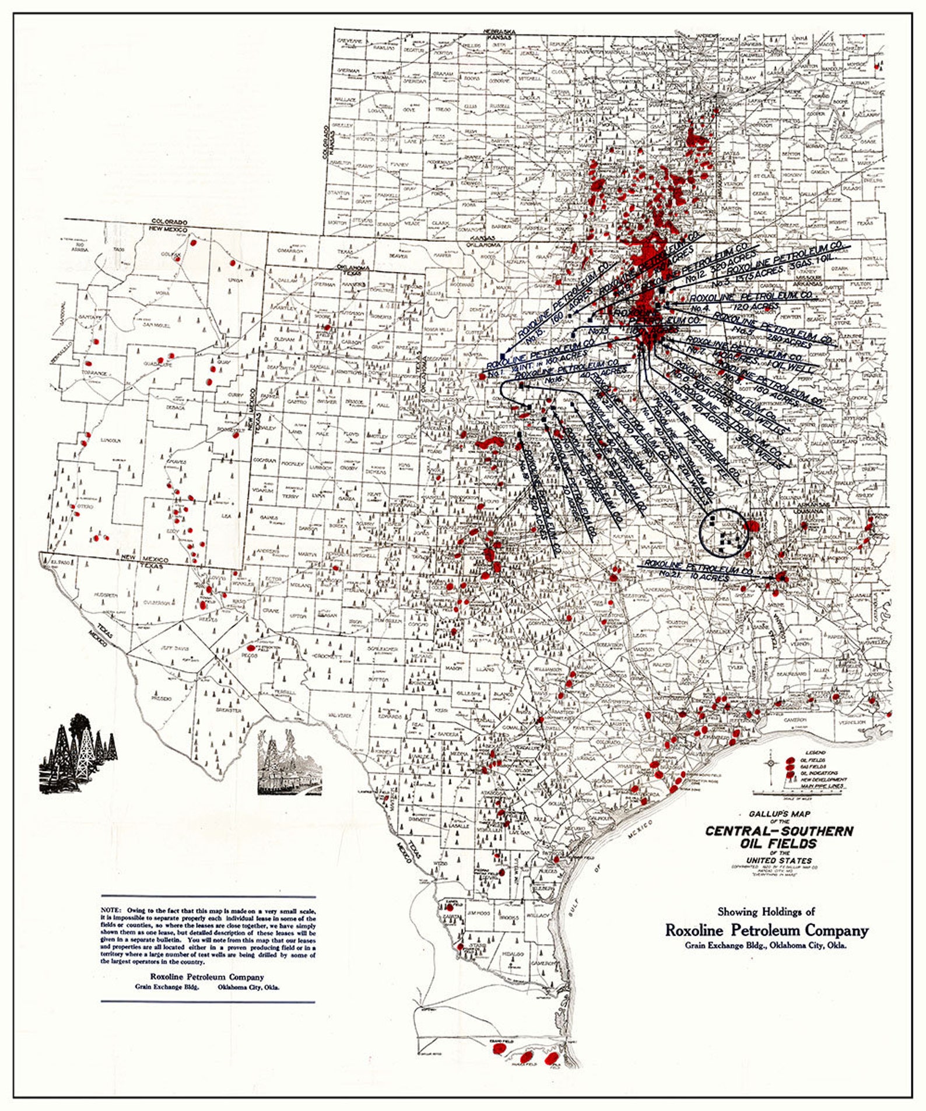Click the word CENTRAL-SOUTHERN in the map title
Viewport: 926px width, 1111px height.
pyautogui.click(x=779, y=831)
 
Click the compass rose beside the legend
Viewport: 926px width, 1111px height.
pyautogui.click(x=771, y=763)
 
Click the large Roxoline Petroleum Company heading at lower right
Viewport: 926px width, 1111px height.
pyautogui.click(x=767, y=930)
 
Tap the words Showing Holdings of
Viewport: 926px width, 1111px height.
pyautogui.click(x=766, y=912)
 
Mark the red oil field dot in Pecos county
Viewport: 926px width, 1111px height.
pyautogui.click(x=251, y=648)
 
